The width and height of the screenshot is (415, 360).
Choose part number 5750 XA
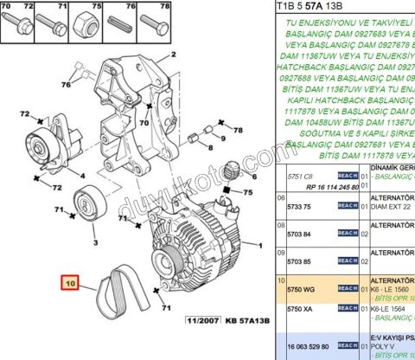coord(300,309)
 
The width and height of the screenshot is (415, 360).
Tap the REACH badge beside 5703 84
coord(347,234)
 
